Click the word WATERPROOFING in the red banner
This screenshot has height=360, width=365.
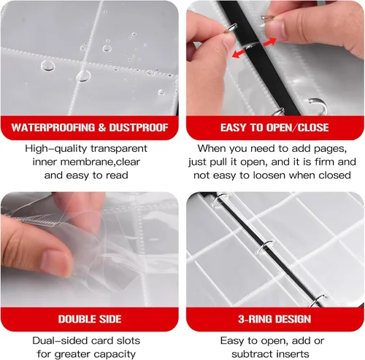53,128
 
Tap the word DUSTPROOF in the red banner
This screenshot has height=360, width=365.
139,128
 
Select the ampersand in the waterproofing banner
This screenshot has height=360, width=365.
102,128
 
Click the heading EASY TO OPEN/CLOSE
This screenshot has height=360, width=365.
274,128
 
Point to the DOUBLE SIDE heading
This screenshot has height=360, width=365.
90,319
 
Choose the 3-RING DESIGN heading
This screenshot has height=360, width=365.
274,319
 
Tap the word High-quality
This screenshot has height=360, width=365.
55,149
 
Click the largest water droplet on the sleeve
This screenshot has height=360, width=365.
84,76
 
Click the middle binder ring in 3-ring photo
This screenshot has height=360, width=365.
264,247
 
